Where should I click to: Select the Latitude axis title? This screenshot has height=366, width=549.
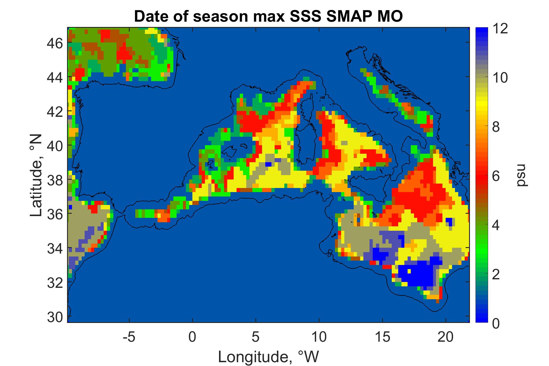(36, 175)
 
